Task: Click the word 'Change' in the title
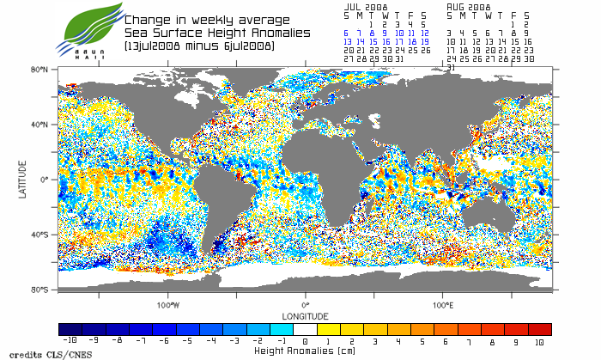pyautogui.click(x=148, y=19)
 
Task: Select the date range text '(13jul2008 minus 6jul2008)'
pyautogui.click(x=198, y=46)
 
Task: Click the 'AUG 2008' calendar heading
pyautogui.click(x=468, y=6)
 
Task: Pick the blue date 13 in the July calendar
pyautogui.click(x=348, y=41)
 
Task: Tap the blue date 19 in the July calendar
pyautogui.click(x=423, y=41)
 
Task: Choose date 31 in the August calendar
pyautogui.click(x=451, y=66)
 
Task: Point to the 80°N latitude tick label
pyautogui.click(x=39, y=69)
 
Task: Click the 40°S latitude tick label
pyautogui.click(x=39, y=235)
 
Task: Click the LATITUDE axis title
pyautogui.click(x=22, y=179)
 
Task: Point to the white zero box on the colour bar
pyautogui.click(x=306, y=329)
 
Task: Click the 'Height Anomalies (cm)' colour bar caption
pyautogui.click(x=305, y=351)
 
